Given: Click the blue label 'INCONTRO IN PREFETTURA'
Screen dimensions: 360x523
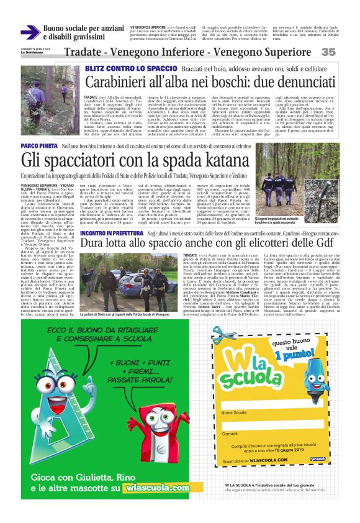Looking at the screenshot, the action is tap(109, 232).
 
